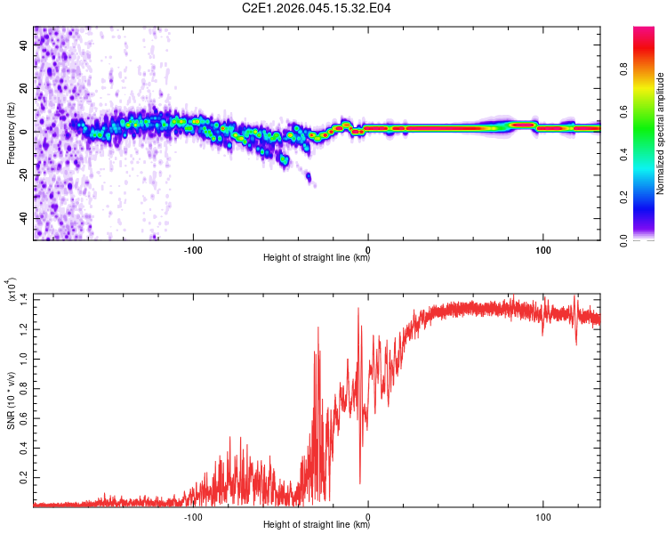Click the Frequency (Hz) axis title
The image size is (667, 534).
coord(11,133)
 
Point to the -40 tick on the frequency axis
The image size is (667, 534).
coord(24,218)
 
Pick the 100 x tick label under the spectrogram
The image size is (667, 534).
coord(542,248)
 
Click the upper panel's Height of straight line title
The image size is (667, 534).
coord(317,259)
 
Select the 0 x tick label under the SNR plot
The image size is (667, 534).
coord(368,515)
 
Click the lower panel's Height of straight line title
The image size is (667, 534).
coord(317,526)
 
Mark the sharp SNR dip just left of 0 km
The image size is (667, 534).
coord(360,482)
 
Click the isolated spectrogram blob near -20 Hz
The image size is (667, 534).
coord(309,177)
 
